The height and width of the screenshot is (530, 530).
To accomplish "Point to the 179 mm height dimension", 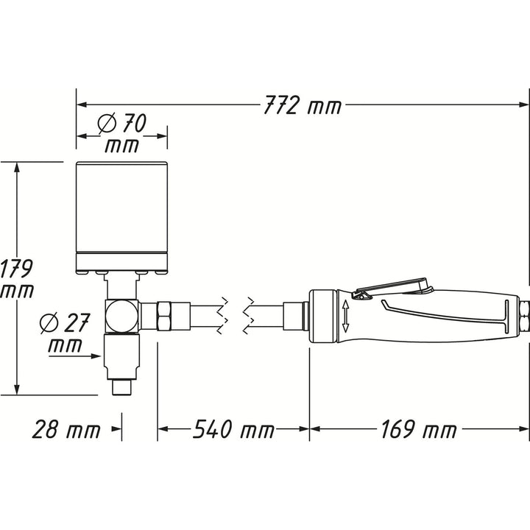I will tap(16, 278).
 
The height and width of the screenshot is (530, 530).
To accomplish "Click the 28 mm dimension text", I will tap(66, 430).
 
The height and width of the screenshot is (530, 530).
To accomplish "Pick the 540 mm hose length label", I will tap(233, 430).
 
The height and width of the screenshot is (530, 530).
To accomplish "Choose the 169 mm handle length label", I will tap(417, 430).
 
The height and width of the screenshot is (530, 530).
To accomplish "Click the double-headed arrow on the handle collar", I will tap(345, 315).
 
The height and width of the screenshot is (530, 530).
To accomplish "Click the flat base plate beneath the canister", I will tap(122, 261).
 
